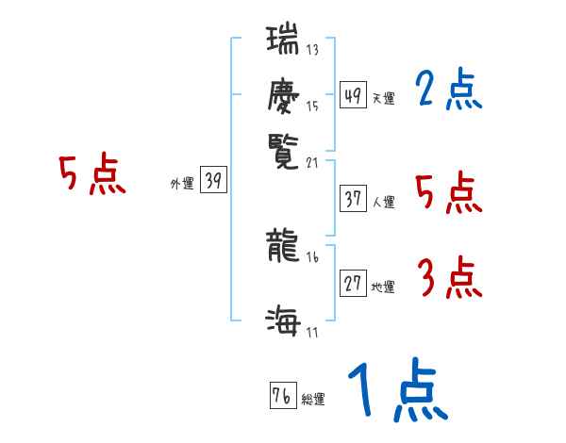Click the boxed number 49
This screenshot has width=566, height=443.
click(353, 95)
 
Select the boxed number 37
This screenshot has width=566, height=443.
click(353, 199)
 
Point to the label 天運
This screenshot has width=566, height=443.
click(384, 98)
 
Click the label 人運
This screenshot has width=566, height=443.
click(384, 202)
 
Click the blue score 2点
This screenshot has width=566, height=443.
click(448, 90)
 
